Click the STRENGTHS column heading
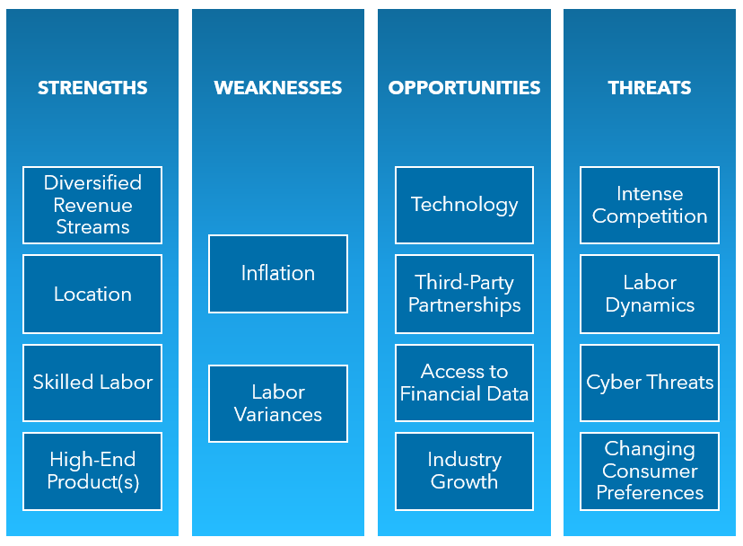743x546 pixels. point(92,88)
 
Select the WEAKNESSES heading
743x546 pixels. point(277,88)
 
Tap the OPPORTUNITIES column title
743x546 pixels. point(465,88)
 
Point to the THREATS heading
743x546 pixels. point(650,88)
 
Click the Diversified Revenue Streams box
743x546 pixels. point(92,205)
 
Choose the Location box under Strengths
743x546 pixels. point(92,295)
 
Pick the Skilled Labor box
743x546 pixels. point(92,383)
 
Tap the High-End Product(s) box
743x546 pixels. point(92,471)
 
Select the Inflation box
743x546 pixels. point(278,274)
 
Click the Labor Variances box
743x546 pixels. point(278,404)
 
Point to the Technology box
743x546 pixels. point(465,205)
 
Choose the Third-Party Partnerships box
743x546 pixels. point(465,295)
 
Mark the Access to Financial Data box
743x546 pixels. point(465,383)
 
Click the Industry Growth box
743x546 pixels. point(465,471)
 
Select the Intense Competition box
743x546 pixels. point(650,205)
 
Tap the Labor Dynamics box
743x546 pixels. point(650,295)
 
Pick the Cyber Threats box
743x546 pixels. point(650,383)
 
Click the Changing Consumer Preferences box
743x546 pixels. point(650,471)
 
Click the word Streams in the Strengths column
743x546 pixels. point(93,227)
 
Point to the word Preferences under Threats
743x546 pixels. point(650,493)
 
